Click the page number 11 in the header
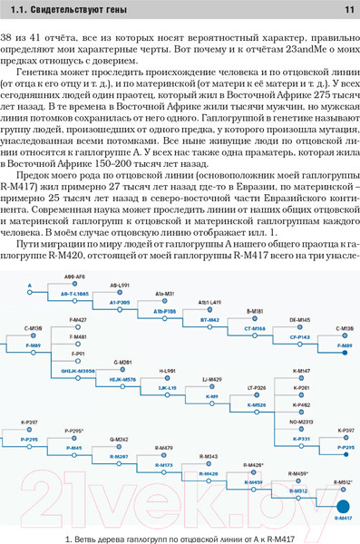[348, 11]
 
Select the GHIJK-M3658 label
[78, 372]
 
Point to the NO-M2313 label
[302, 422]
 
